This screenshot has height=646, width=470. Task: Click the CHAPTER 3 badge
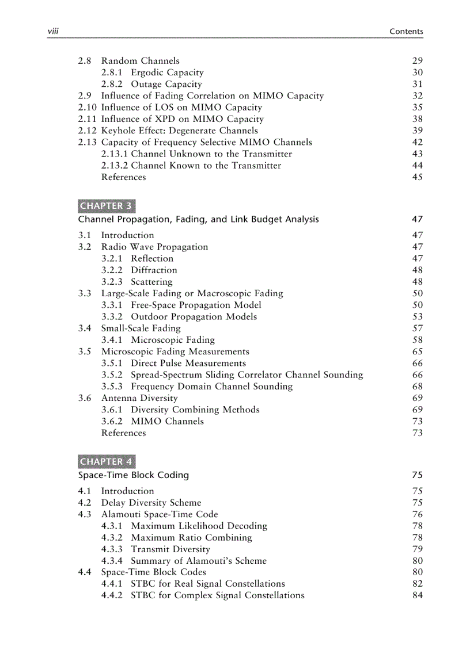point(106,205)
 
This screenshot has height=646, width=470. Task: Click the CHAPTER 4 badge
point(106,461)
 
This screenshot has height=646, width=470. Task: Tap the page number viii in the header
point(54,32)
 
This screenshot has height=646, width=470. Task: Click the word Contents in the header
point(406,32)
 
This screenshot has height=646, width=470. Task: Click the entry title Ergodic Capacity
point(167,72)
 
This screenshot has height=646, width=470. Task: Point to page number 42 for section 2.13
point(418,142)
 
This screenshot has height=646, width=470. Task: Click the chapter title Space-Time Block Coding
point(134,475)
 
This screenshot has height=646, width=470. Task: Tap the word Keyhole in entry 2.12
point(119,131)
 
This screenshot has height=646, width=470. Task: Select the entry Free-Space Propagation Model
point(196,305)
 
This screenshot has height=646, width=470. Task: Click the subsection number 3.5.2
point(112,375)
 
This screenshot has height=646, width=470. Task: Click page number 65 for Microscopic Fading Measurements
point(418,351)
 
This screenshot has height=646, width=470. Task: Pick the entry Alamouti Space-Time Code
point(160,514)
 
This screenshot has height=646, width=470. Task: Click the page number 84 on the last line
point(418,595)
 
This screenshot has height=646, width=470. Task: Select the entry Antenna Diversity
point(139,398)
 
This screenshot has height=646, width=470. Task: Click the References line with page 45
point(123,177)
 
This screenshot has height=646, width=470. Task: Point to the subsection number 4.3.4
point(112,561)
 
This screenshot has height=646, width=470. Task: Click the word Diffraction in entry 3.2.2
point(154,270)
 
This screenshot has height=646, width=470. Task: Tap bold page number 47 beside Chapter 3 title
point(418,219)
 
